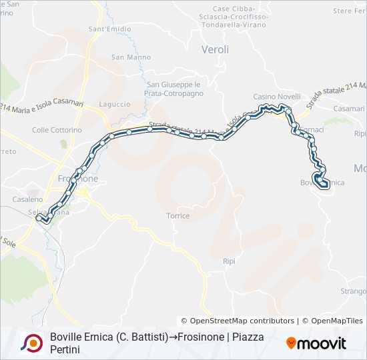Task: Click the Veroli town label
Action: [215, 49]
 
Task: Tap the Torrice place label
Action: [178, 216]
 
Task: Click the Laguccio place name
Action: [115, 104]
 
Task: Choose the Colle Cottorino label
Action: [57, 130]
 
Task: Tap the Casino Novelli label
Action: [276, 97]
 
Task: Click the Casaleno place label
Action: [27, 199]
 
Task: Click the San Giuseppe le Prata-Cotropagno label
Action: [173, 89]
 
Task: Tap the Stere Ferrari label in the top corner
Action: [350, 11]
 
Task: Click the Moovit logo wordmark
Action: [316, 343]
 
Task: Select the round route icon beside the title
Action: [31, 343]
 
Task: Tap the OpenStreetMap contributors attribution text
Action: [238, 321]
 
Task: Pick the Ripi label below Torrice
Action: [229, 261]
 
